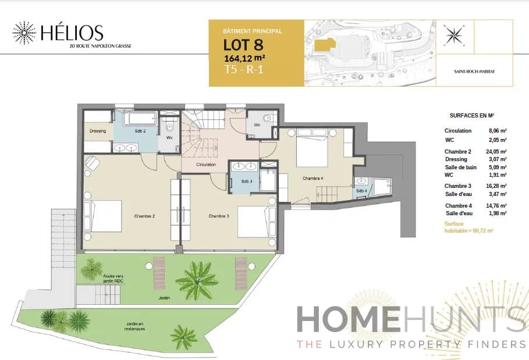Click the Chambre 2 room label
click(144, 216)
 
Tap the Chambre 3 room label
click(219, 216)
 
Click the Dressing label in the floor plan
click(98, 131)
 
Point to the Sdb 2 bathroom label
click(140, 131)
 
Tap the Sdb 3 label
click(246, 181)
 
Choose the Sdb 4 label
click(362, 190)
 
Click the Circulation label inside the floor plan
click(206, 165)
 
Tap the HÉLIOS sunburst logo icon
click(24, 33)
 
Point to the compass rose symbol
click(452, 35)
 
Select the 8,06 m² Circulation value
click(497, 131)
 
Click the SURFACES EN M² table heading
click(471, 116)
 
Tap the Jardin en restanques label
click(135, 326)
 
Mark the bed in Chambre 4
click(313, 149)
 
